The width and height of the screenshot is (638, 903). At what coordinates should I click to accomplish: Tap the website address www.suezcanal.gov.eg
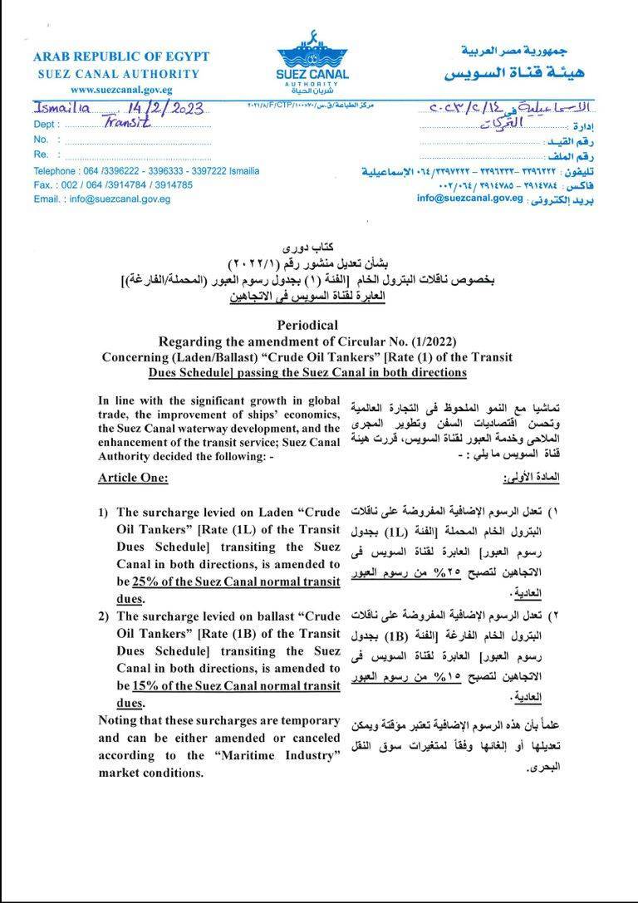click(x=120, y=89)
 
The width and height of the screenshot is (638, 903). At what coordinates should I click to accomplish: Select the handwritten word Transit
click(x=128, y=122)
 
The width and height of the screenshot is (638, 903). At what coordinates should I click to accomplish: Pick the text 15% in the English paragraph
click(x=145, y=686)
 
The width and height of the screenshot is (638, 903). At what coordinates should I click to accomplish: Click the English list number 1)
click(x=104, y=513)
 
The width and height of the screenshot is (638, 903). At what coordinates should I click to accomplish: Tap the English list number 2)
click(x=104, y=616)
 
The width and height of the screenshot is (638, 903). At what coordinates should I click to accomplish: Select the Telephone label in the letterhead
click(x=54, y=171)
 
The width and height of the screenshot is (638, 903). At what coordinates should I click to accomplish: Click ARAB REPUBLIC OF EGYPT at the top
click(x=121, y=57)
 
